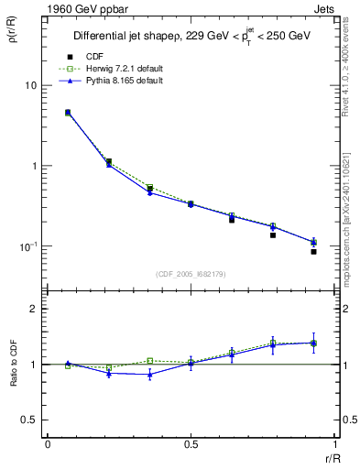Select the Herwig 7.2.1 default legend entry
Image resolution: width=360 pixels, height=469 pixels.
tap(121, 69)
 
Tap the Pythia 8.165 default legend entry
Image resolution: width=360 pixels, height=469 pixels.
tap(120, 81)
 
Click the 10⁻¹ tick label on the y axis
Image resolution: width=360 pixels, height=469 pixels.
tap(27, 246)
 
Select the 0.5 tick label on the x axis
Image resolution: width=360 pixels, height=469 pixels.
tap(191, 445)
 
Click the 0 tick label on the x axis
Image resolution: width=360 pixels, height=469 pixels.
tap(48, 445)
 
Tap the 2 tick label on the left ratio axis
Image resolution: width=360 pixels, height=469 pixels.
tap(37, 309)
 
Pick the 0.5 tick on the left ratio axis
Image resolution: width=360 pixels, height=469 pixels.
tap(33, 420)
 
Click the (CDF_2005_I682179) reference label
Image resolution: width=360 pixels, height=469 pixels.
tap(191, 274)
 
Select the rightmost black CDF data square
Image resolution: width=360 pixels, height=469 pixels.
tap(313, 252)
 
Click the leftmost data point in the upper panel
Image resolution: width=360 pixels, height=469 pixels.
tap(68, 113)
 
